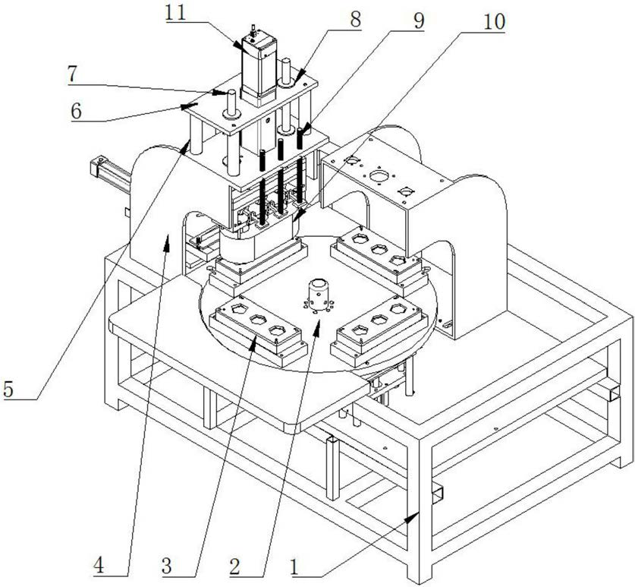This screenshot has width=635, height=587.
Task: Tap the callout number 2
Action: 236,564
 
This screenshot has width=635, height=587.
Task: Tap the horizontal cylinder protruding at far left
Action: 109,171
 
